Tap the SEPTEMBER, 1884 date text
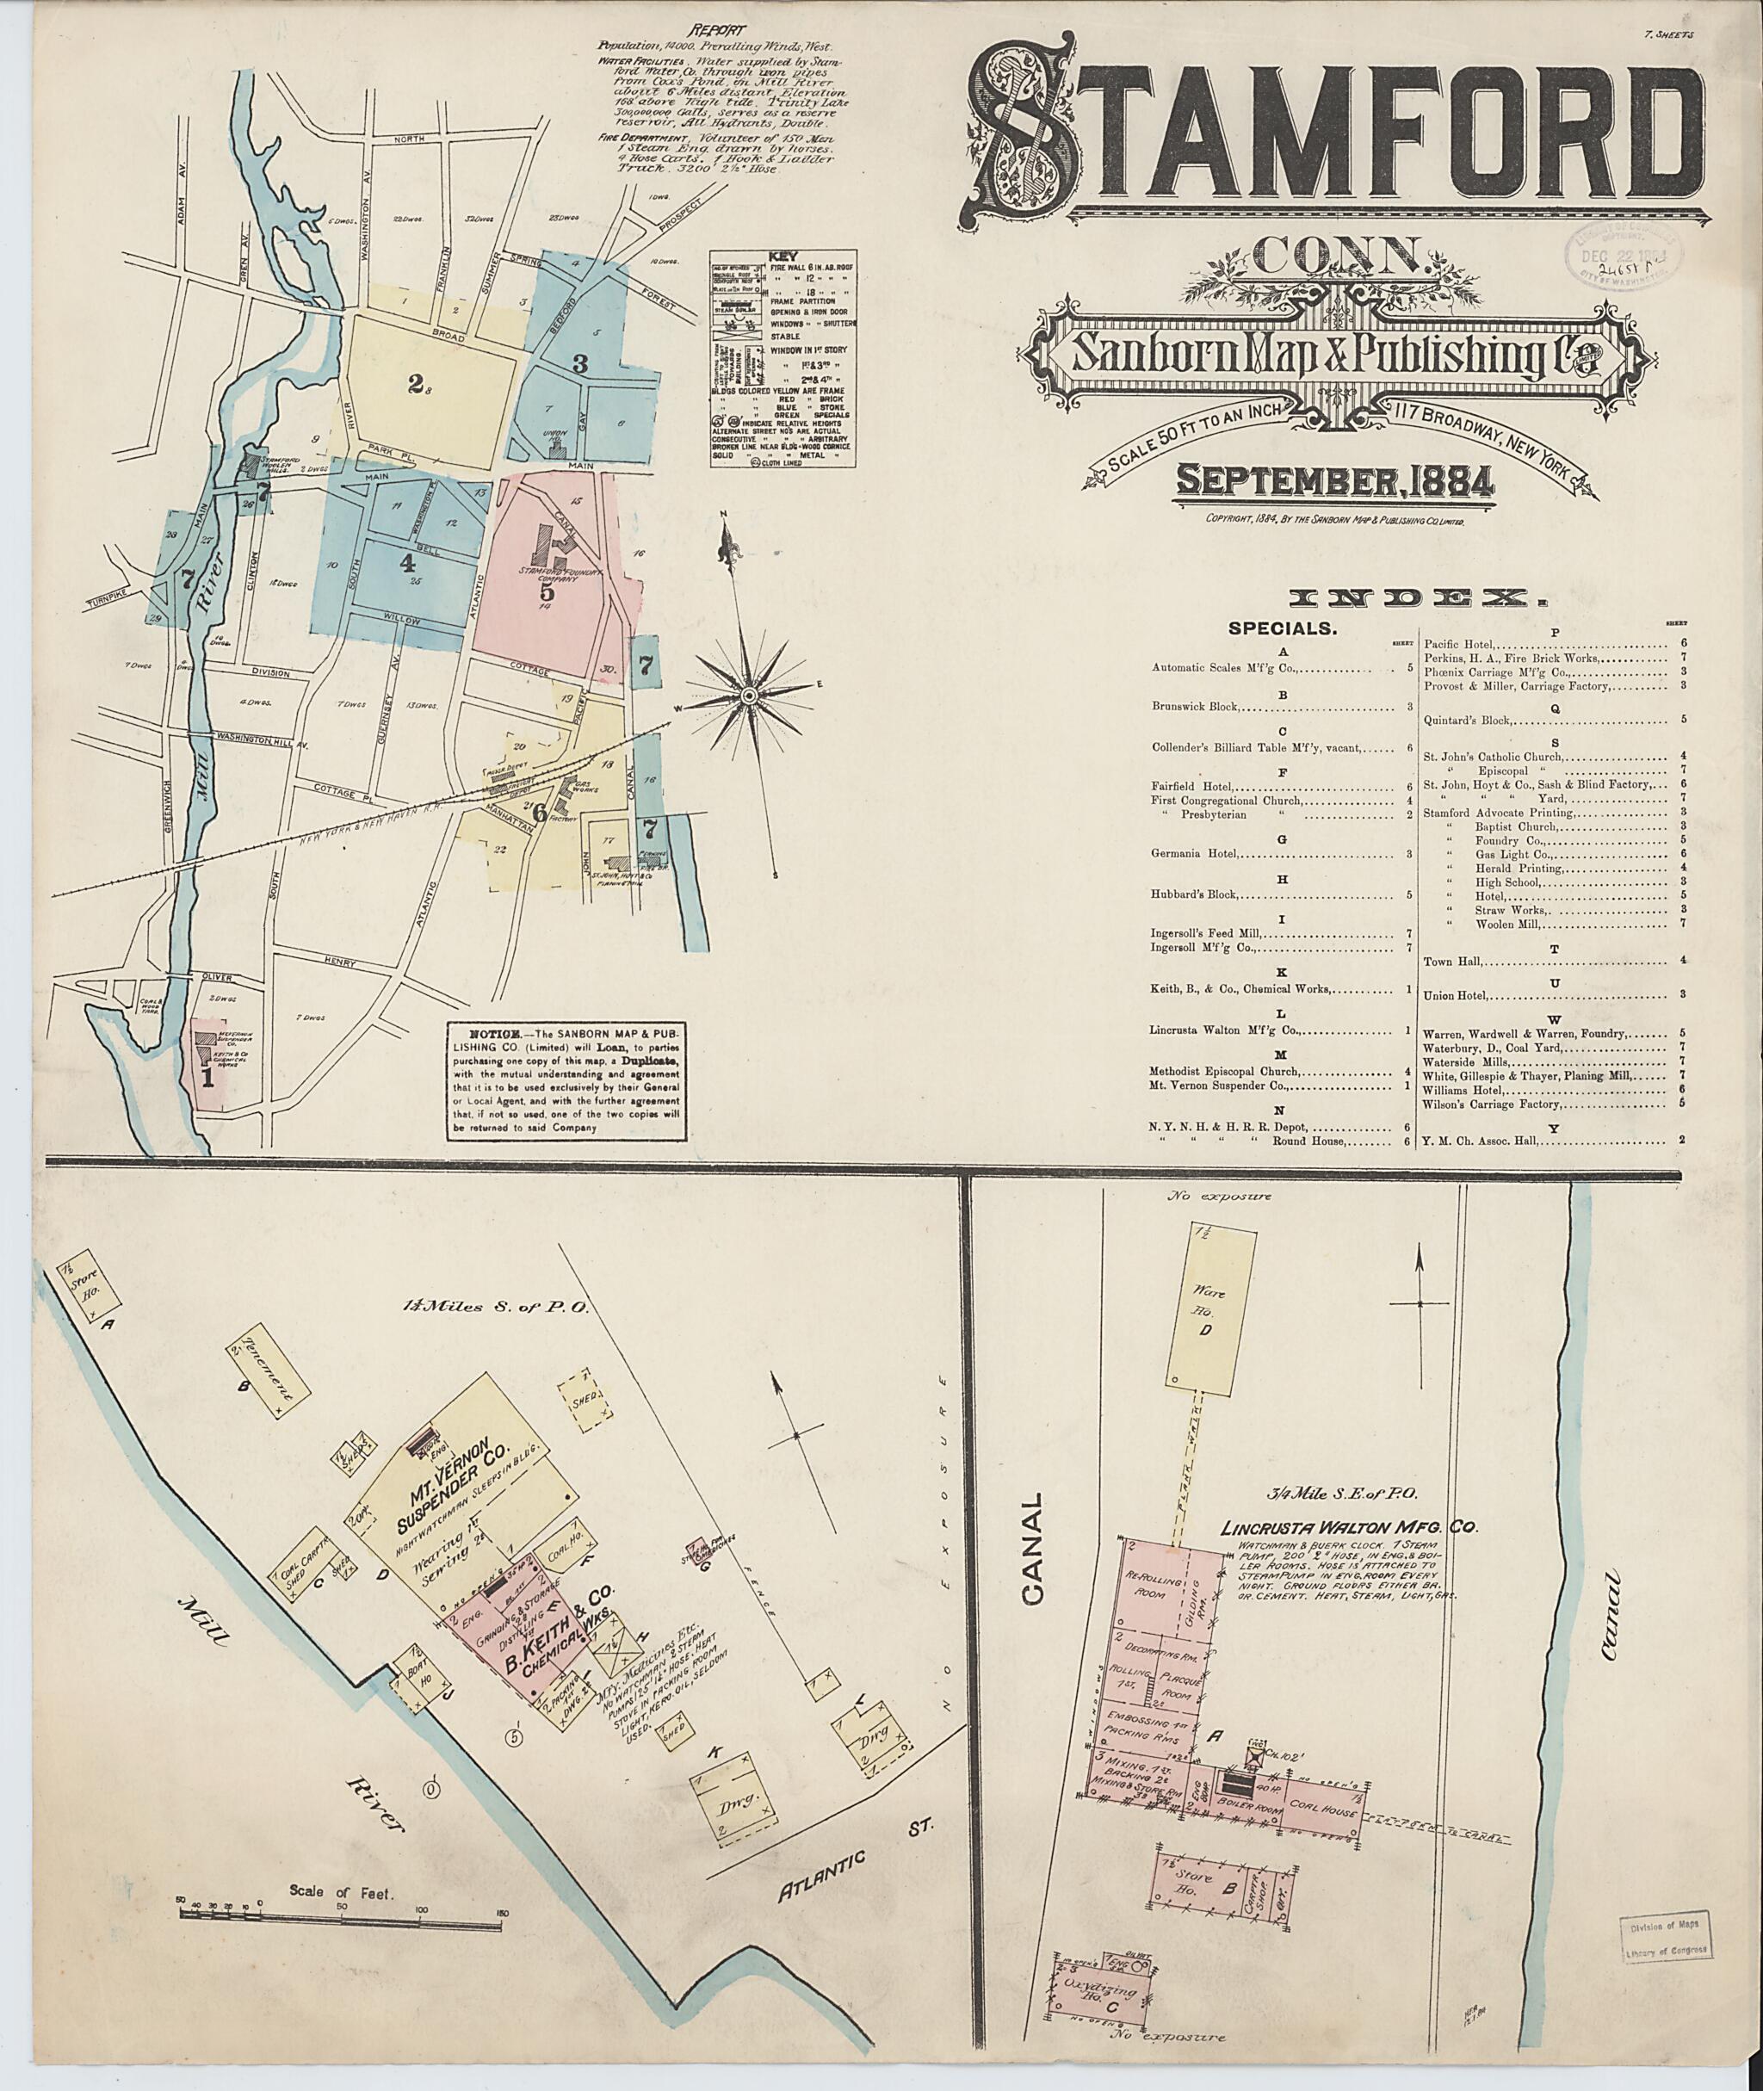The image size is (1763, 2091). pos(1334,482)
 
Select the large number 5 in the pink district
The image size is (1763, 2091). pos(547,594)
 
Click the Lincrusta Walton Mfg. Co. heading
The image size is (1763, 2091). pos(1348,1527)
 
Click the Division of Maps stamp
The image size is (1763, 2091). pos(1665,1934)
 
